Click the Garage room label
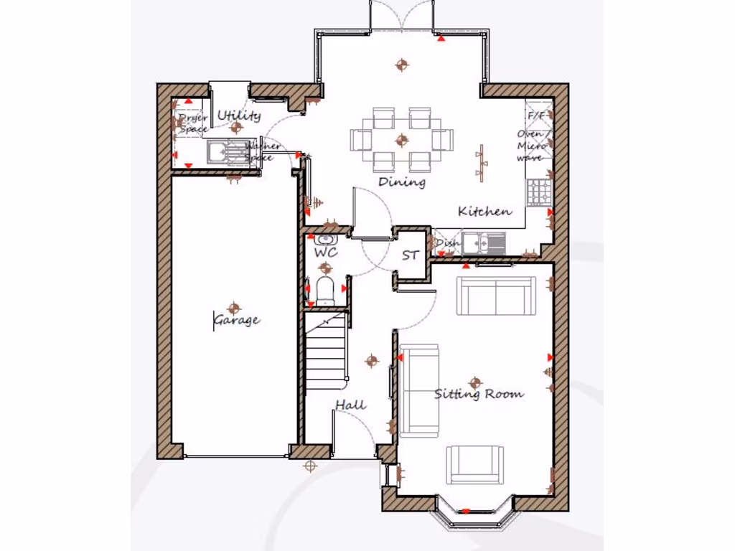coord(237,320)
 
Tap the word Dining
coord(402,182)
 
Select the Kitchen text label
coord(485,212)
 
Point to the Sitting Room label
coord(479,394)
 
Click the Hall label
coord(351,406)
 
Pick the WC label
coord(325,253)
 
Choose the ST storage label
coord(410,255)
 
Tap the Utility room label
coord(239,116)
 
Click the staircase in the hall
coord(327,352)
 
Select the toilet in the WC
coord(325,288)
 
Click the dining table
coord(402,140)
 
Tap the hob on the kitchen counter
coord(538,191)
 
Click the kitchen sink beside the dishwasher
coord(482,244)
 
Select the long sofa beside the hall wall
coord(419,390)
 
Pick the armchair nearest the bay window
coord(474,464)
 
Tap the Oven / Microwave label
coord(535,146)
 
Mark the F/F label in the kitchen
coord(536,116)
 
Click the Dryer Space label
coord(192,123)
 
